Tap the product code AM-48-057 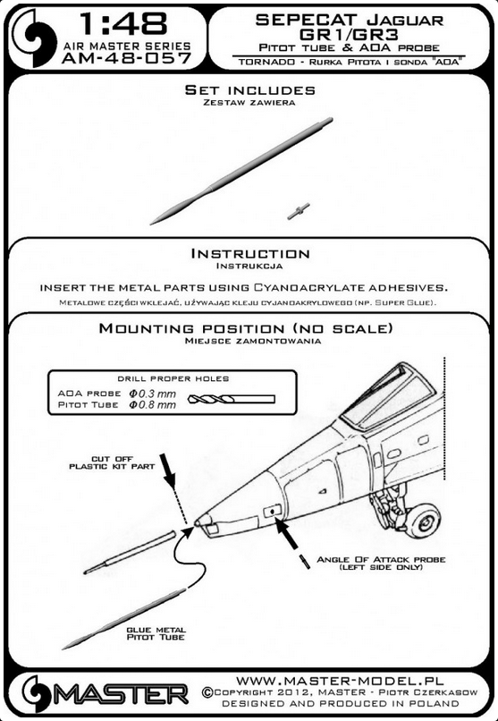pyautogui.click(x=126, y=58)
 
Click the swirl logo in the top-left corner pyautogui.click(x=34, y=38)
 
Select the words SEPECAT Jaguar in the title pyautogui.click(x=350, y=20)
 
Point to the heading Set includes pyautogui.click(x=250, y=89)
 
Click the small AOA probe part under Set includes pyautogui.click(x=299, y=211)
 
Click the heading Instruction pyautogui.click(x=250, y=253)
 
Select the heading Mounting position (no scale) pyautogui.click(x=246, y=328)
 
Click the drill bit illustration pyautogui.click(x=232, y=399)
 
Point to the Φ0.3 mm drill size pyautogui.click(x=153, y=394)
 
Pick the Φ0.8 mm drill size pyautogui.click(x=153, y=404)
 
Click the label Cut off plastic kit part pyautogui.click(x=112, y=462)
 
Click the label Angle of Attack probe pyautogui.click(x=381, y=564)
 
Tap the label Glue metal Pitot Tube pyautogui.click(x=156, y=633)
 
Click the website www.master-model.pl pyautogui.click(x=340, y=681)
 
